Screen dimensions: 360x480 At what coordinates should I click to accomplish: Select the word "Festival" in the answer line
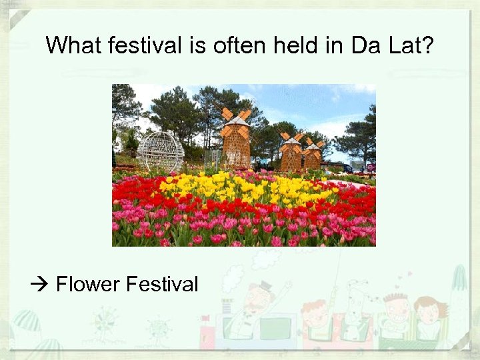pyautogui.click(x=162, y=285)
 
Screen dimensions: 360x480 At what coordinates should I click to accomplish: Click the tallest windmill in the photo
pyautogui.click(x=236, y=143)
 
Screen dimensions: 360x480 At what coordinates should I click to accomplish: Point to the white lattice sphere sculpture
pyautogui.click(x=160, y=152)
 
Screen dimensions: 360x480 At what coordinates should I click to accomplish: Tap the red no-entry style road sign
pyautogui.click(x=371, y=167)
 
